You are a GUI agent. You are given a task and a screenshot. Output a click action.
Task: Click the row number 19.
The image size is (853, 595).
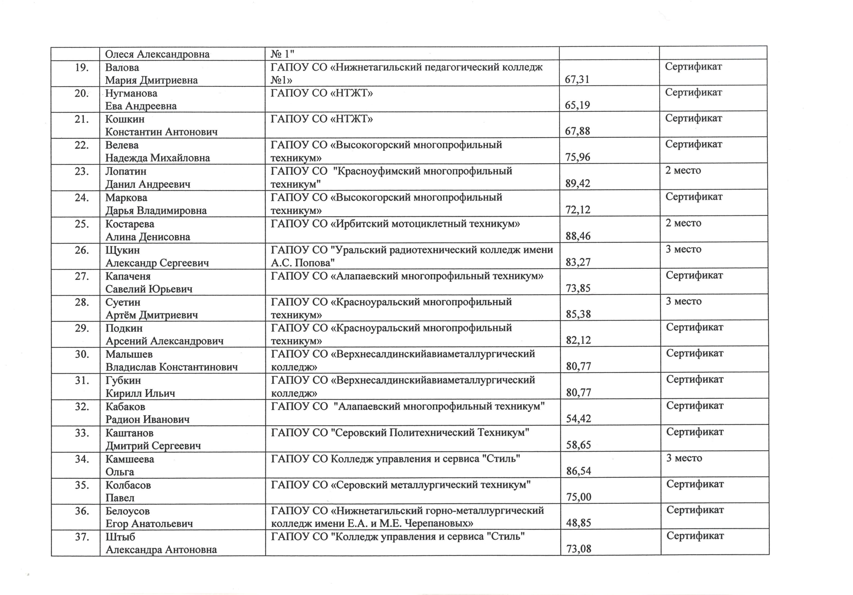coord(81,68)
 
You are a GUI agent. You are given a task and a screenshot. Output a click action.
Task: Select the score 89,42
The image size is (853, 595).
coord(578,183)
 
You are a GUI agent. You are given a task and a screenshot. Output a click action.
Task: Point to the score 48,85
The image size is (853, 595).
coord(578,523)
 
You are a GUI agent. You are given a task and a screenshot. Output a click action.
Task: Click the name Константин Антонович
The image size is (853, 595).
coord(161,132)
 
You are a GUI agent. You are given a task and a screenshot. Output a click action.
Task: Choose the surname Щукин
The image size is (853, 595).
coord(123,250)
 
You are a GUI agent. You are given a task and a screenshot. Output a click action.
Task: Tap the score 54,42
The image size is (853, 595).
coord(578,419)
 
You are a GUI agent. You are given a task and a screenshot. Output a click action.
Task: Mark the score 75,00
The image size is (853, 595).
coord(578,497)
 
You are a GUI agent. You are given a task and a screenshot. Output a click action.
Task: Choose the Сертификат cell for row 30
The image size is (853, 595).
coord(694,353)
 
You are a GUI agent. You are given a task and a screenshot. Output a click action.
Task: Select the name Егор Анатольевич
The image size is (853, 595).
coord(149,524)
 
